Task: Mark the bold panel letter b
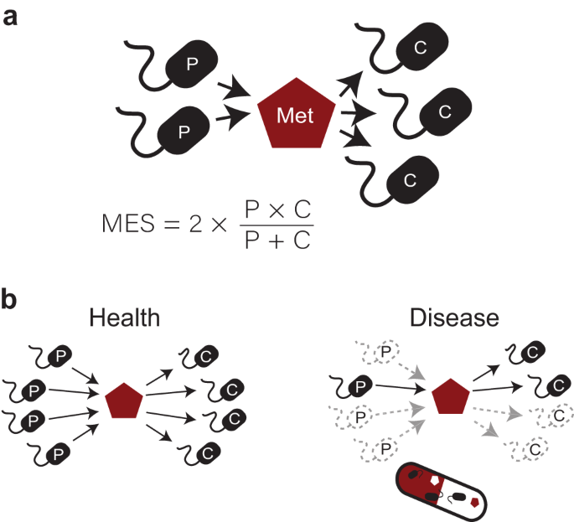tap(12, 299)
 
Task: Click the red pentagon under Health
tap(126, 401)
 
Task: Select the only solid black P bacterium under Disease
tap(359, 386)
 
